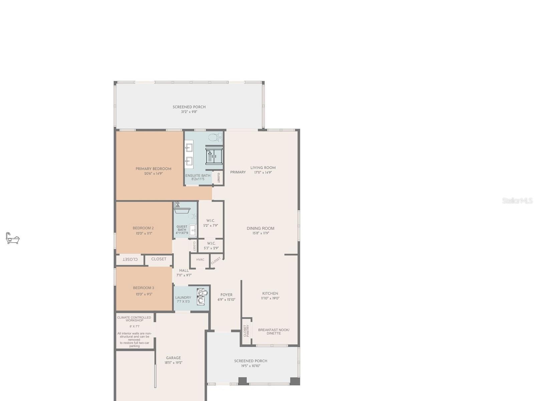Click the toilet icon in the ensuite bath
pyautogui.click(x=215, y=137)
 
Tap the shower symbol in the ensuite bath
pyautogui.click(x=214, y=156)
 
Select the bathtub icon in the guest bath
pyautogui.click(x=182, y=209)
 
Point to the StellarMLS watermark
pyautogui.click(x=517, y=201)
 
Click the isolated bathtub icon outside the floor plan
pyautogui.click(x=13, y=238)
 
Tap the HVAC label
pyautogui.click(x=200, y=260)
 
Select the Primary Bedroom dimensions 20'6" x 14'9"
pyautogui.click(x=154, y=173)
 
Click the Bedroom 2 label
pyautogui.click(x=143, y=228)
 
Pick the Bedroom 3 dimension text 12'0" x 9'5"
pyautogui.click(x=144, y=294)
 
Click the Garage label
pyautogui.click(x=174, y=358)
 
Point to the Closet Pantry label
pyautogui.click(x=246, y=331)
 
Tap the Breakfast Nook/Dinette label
pyautogui.click(x=274, y=331)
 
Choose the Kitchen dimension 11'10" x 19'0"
pyautogui.click(x=270, y=298)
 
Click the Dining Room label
pyautogui.click(x=261, y=229)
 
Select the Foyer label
pyautogui.click(x=226, y=295)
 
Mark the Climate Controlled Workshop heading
pyautogui.click(x=134, y=319)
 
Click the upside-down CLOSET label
pyautogui.click(x=130, y=259)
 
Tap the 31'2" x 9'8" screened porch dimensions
pyautogui.click(x=189, y=112)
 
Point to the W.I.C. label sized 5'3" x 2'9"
pyautogui.click(x=211, y=243)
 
